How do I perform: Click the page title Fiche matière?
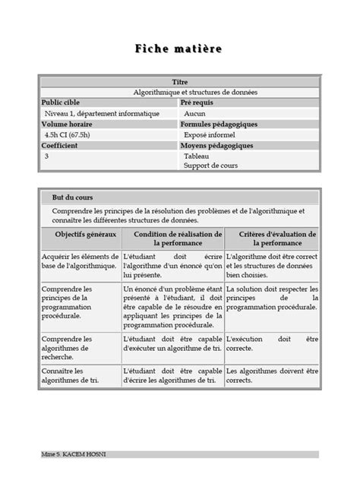coord(179,49)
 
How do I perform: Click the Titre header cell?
coord(179,81)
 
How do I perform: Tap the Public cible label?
coord(60,102)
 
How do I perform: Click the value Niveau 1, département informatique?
coord(102,112)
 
